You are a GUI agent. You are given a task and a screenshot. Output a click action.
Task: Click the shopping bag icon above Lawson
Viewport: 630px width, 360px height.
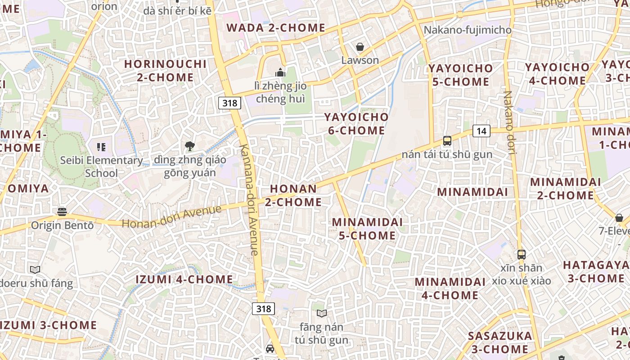pyautogui.click(x=360, y=47)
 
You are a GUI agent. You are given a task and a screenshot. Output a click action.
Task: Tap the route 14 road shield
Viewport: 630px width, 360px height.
pyautogui.click(x=481, y=131)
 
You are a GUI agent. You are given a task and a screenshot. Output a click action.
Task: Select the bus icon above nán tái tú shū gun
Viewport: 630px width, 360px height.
pyautogui.click(x=447, y=141)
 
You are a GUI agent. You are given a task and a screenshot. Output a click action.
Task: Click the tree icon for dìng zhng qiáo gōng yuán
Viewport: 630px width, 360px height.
pyautogui.click(x=189, y=146)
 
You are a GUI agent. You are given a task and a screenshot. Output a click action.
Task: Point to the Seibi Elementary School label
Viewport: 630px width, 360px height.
pyautogui.click(x=102, y=166)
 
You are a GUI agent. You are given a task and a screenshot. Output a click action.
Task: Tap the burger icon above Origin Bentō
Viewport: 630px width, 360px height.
pyautogui.click(x=62, y=211)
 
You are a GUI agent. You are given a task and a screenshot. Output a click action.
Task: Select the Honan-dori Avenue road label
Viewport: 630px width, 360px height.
pyautogui.click(x=171, y=216)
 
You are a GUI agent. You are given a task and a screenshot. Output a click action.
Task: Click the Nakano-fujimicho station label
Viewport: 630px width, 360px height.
pyautogui.click(x=468, y=30)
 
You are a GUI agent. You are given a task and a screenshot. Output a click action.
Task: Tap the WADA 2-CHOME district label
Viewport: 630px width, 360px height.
pyautogui.click(x=276, y=28)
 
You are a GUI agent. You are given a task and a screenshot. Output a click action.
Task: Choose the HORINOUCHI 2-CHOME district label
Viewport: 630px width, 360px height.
pyautogui.click(x=165, y=71)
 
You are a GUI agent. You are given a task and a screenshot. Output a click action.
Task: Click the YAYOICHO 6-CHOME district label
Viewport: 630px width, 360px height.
pyautogui.click(x=356, y=124)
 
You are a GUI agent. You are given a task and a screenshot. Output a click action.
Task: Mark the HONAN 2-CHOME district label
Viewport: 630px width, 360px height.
pyautogui.click(x=293, y=195)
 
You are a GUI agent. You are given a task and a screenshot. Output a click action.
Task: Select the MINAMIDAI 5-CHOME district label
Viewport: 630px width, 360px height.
pyautogui.click(x=367, y=229)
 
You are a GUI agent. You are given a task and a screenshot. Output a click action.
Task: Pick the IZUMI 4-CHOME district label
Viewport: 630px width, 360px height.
pyautogui.click(x=184, y=279)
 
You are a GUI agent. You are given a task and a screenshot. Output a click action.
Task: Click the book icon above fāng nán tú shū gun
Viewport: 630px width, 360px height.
pyautogui.click(x=321, y=313)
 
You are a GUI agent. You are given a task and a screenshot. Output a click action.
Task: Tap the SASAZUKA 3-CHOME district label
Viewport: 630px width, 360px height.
pyautogui.click(x=500, y=342)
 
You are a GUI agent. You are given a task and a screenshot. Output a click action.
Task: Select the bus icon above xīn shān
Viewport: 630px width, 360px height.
pyautogui.click(x=521, y=255)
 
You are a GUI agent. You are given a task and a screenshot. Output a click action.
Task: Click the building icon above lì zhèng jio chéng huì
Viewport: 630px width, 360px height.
pyautogui.click(x=280, y=72)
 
